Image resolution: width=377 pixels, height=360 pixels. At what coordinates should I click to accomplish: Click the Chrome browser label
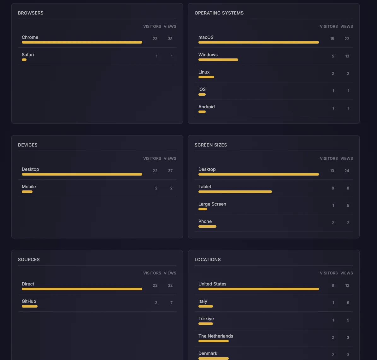30,37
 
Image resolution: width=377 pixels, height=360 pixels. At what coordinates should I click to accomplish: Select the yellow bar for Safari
24,60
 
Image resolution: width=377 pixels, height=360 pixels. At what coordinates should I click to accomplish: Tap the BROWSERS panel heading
31,13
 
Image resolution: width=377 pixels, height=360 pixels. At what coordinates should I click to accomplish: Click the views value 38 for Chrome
170,39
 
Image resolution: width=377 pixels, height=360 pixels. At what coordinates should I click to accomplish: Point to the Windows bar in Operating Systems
218,60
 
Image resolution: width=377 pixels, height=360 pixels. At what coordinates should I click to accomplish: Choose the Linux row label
204,72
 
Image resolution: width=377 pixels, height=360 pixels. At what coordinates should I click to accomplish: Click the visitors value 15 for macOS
332,39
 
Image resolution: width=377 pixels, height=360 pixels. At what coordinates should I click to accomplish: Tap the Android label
206,107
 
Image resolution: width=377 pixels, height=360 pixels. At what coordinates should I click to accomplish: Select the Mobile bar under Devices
27,192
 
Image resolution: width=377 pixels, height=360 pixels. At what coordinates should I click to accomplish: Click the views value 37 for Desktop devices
170,171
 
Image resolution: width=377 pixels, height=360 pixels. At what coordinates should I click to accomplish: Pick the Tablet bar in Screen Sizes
235,192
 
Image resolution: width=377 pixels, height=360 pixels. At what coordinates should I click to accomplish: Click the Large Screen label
212,204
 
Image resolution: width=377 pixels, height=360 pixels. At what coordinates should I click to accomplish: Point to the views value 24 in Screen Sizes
347,171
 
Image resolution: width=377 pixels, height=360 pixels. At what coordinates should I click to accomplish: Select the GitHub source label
29,301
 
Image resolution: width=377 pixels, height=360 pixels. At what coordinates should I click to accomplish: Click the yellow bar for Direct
82,289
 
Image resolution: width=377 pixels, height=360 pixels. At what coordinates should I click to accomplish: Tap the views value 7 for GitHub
171,303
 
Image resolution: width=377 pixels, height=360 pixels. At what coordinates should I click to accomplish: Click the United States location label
212,284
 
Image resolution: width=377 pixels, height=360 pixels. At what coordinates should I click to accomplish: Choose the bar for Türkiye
206,324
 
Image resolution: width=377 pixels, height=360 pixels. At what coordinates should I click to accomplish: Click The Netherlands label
216,336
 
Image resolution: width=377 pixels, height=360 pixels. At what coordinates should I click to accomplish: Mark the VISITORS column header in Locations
329,273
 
